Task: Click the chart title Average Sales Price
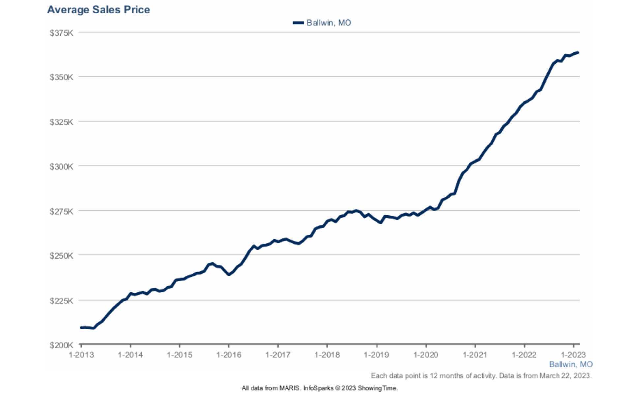98,10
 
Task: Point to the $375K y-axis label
61,33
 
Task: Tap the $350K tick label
61,77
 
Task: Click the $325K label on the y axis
61,122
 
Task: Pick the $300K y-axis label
61,166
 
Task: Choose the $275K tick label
61,211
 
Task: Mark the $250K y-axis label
61,255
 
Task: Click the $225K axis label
61,300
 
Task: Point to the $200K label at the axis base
61,345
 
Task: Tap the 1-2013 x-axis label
81,355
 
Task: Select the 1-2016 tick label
229,355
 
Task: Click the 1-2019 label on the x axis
376,355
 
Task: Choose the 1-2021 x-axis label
475,355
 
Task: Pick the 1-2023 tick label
573,355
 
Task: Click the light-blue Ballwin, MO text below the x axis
571,364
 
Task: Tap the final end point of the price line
578,53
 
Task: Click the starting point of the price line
81,328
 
